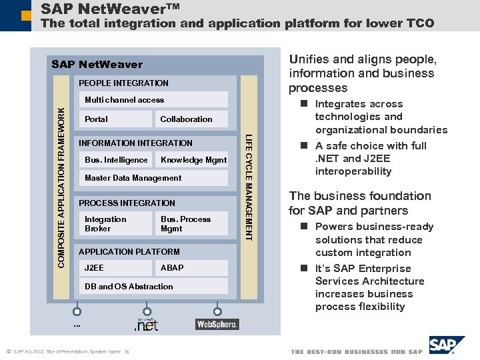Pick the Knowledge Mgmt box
click(x=193, y=160)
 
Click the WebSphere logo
click(x=217, y=324)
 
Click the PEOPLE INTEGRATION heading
click(x=123, y=83)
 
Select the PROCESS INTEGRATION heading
click(x=127, y=203)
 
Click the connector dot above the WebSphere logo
click(x=217, y=311)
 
